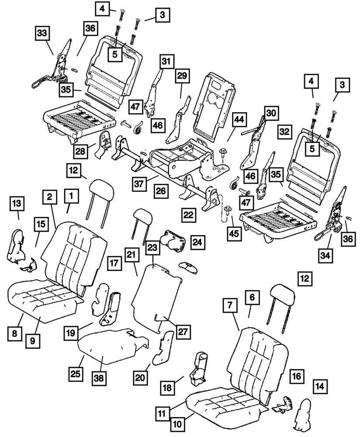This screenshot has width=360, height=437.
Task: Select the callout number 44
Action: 238,119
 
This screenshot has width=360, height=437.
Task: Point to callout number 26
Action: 160,191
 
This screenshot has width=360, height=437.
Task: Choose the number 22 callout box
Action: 188,215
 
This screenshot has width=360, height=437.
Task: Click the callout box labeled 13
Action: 18,203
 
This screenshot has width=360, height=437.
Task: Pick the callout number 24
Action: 197,241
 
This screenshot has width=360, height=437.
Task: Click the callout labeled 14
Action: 320,386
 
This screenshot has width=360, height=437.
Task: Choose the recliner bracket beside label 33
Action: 59,66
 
